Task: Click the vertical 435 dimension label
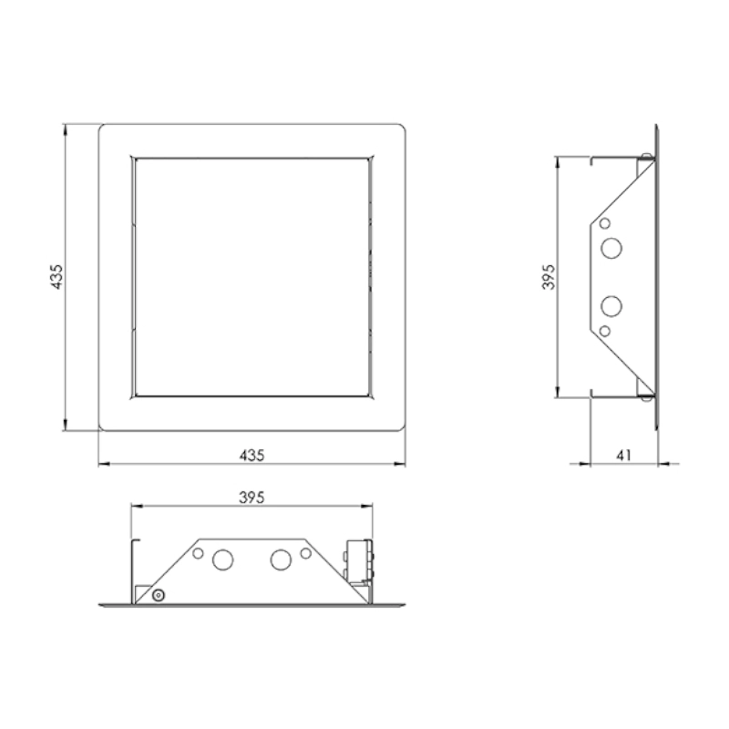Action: tap(56, 277)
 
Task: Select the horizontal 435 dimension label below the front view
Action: tap(252, 455)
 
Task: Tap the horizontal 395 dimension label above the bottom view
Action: tap(252, 498)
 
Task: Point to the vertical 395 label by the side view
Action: tap(549, 277)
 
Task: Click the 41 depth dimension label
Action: tap(623, 455)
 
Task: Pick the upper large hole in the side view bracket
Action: tap(611, 248)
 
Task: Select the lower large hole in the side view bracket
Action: tap(611, 306)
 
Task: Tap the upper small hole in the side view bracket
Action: tap(604, 223)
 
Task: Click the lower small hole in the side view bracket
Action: tap(604, 331)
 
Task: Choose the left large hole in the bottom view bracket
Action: tap(222, 560)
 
